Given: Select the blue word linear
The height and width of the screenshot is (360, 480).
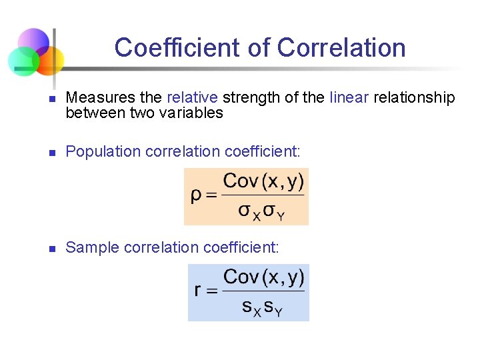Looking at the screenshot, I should pyautogui.click(x=349, y=98).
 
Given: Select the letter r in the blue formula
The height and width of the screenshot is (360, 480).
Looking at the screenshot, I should pyautogui.click(x=198, y=291).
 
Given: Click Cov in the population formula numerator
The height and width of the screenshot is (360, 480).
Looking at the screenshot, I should pyautogui.click(x=240, y=181).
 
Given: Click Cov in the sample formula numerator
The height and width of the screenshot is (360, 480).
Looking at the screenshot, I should pyautogui.click(x=240, y=276).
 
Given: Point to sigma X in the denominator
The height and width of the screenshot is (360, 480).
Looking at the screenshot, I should pyautogui.click(x=249, y=212).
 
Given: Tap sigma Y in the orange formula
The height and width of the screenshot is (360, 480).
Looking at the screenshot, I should pyautogui.click(x=273, y=212).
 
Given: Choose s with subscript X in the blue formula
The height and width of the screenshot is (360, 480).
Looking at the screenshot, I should pyautogui.click(x=250, y=308).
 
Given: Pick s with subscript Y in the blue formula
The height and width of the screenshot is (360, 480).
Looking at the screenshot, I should pyautogui.click(x=273, y=308).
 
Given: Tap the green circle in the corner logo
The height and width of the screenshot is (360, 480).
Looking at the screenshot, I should pyautogui.click(x=23, y=61).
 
